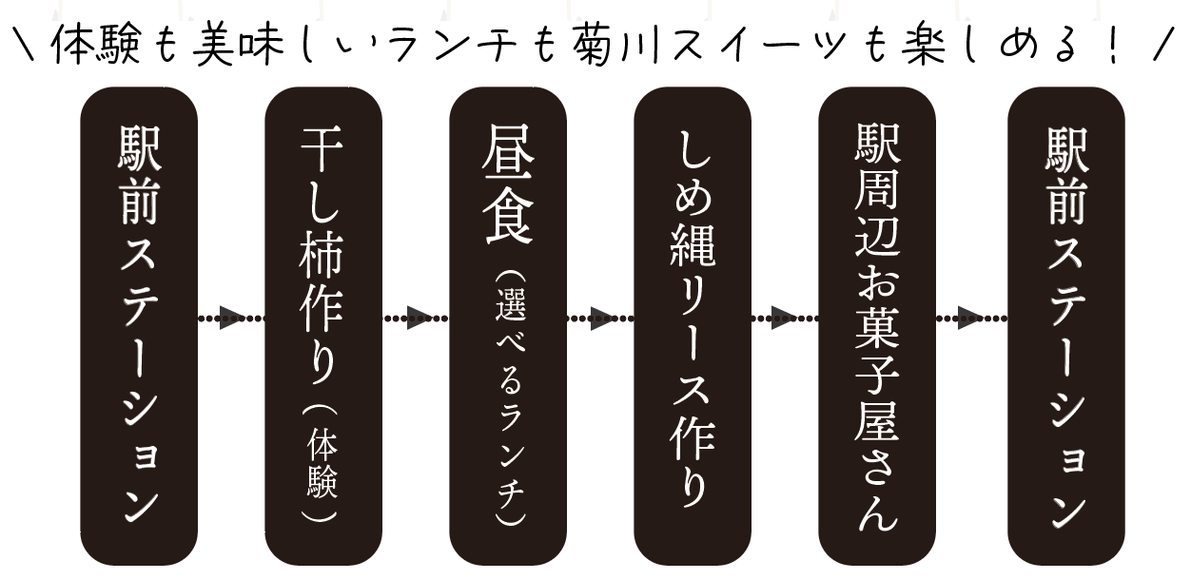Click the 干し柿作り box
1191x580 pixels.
323,326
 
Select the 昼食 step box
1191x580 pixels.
508,326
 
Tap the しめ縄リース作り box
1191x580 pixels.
693,326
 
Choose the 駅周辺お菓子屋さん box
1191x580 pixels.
877,326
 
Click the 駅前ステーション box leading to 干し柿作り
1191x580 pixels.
139,326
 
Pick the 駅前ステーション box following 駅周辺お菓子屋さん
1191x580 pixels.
1066,326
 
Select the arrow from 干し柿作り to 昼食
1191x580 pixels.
416,318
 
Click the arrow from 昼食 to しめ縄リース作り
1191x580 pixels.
600,318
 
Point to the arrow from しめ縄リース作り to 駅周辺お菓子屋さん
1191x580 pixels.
785,318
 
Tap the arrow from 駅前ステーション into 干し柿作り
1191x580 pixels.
231,318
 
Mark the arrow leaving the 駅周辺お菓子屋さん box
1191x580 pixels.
971,318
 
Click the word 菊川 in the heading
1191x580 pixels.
617,46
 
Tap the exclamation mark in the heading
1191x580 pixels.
1113,46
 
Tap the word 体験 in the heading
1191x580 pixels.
97,46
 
